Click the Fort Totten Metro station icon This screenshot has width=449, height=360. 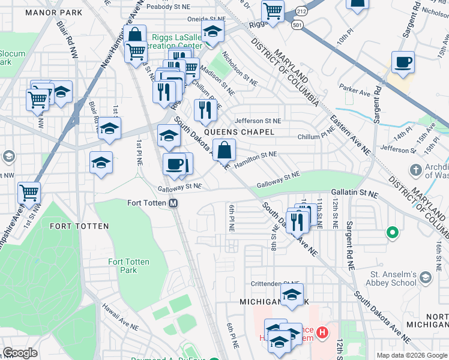173,203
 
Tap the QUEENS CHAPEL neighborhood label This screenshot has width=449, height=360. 239,132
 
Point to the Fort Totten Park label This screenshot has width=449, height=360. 130,266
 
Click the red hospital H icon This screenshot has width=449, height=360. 323,332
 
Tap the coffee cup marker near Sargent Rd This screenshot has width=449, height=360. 403,62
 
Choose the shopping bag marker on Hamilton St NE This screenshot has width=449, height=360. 224,150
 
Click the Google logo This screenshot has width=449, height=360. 20,353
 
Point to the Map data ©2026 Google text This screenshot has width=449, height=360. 412,355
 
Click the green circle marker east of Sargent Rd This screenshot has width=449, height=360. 393,232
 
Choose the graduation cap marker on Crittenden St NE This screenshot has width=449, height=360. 292,295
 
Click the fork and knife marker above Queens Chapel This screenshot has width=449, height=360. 205,110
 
